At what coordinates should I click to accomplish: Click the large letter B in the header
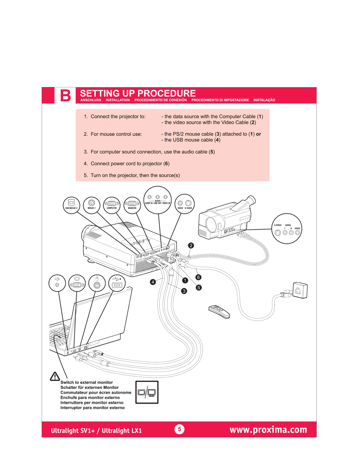tap(65, 95)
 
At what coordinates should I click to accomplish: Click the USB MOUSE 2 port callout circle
tap(71, 205)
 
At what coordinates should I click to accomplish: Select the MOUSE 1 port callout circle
tap(92, 205)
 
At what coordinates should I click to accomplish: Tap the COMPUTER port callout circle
tap(112, 205)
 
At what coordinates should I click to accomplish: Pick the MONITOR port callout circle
tap(132, 205)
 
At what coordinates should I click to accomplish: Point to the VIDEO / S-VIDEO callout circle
tap(184, 204)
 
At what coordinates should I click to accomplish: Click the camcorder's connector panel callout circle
tap(287, 228)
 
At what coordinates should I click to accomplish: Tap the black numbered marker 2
tap(191, 246)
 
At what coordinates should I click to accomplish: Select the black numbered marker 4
tap(153, 282)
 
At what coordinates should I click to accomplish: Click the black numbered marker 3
tap(184, 291)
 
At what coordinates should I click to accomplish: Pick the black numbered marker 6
tap(198, 277)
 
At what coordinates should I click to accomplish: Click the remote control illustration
tap(219, 312)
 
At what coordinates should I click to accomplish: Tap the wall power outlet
tap(300, 290)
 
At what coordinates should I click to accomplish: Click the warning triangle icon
tap(55, 376)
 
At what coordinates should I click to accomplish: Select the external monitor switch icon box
tap(147, 392)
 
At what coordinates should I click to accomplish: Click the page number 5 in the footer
tap(179, 429)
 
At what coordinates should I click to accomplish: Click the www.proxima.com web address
tap(268, 430)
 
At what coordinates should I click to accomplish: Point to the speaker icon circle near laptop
tap(57, 283)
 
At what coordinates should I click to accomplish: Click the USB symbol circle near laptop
tap(117, 283)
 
